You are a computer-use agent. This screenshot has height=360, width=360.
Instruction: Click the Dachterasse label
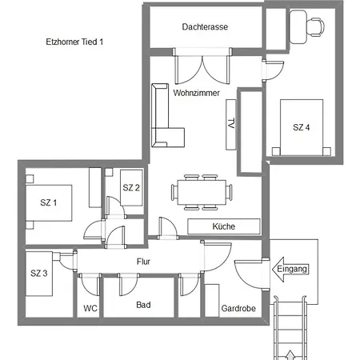pos(205,27)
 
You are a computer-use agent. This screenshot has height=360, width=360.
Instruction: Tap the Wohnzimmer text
pos(197,93)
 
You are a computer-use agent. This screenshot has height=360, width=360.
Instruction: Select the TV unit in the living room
pos(231,125)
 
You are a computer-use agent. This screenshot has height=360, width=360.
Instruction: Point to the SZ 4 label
pos(302,127)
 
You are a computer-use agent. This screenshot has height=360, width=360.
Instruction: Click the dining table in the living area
pos(202,192)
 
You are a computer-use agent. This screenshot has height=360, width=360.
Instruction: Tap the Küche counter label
pos(224,226)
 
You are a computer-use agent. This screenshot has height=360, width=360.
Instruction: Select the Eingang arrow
pos(290,269)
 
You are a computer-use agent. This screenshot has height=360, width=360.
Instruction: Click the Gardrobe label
pos(238,309)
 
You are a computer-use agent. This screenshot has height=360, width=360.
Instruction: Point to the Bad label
pos(143,305)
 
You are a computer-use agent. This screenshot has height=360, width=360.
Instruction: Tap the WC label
pos(90,308)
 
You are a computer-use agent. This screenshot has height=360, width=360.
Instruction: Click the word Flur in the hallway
pos(143,262)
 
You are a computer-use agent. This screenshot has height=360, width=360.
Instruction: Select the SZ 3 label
pos(39,273)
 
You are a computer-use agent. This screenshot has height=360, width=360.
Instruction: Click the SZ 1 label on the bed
pos(48,202)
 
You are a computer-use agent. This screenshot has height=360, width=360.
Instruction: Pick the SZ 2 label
pos(131,188)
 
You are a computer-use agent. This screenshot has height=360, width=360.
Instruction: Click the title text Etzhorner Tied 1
pos(74,42)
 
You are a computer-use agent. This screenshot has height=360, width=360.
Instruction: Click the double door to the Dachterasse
pos(202,66)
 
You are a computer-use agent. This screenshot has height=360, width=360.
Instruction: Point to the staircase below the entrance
pos(290,328)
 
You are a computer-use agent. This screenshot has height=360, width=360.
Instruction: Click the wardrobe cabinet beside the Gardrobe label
pos(212,301)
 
